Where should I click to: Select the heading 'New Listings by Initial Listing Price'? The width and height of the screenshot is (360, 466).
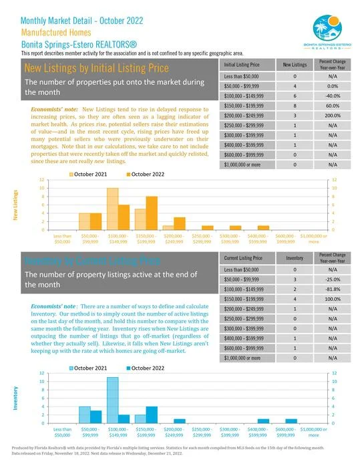[x=97, y=68]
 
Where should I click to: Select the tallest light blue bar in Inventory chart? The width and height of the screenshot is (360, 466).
[x=112, y=400]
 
